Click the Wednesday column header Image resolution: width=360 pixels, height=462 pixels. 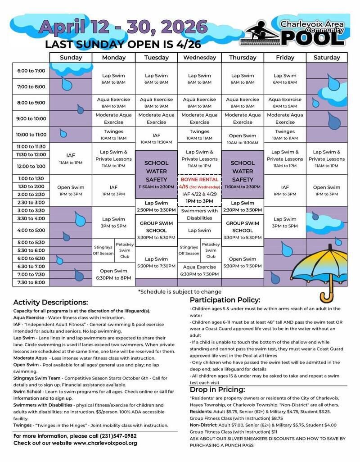(199, 58)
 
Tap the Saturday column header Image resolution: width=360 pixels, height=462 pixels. (327, 58)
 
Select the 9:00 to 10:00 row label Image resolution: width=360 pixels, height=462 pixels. (31, 119)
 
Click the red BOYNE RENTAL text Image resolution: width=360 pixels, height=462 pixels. (199, 179)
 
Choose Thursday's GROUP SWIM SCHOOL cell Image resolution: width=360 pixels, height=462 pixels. (243, 227)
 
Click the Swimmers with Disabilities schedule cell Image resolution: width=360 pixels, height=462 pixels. (199, 214)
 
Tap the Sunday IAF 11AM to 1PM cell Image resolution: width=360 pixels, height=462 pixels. (71, 159)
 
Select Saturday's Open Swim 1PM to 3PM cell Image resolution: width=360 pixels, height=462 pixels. (327, 190)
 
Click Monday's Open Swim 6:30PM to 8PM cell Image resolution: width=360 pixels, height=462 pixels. (113, 274)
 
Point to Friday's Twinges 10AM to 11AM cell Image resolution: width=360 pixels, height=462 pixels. (285, 135)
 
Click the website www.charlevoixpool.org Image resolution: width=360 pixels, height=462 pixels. (105, 443)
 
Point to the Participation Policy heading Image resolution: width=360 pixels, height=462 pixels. (225, 300)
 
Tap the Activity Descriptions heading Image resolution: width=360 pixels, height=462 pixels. (50, 302)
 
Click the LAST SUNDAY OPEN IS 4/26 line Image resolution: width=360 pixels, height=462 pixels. (123, 45)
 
